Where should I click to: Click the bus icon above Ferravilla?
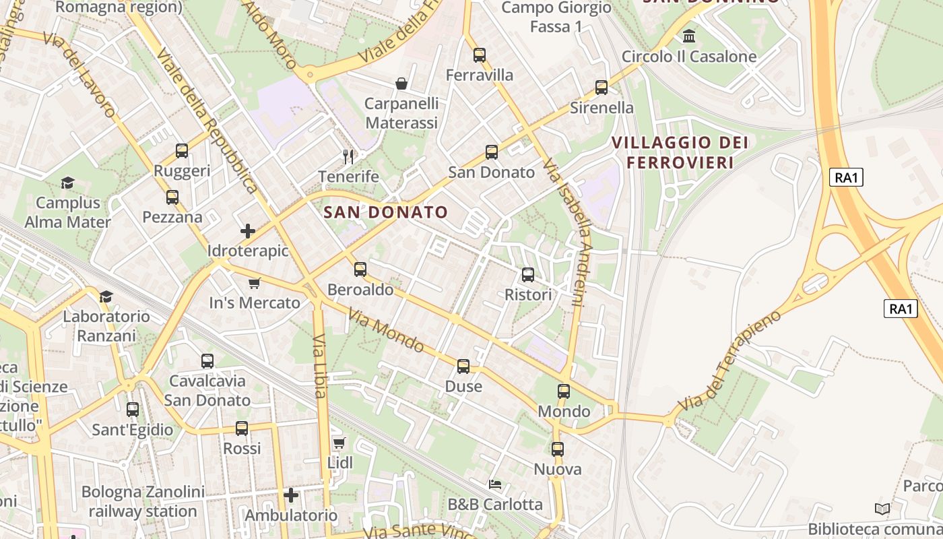479,55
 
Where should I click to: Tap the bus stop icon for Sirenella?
601,88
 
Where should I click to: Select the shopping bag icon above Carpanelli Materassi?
401,84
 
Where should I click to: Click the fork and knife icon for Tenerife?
348,157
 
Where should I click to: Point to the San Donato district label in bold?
385,212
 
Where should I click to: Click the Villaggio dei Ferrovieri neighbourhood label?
680,152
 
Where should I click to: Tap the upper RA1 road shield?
846,177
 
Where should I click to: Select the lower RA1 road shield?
901,309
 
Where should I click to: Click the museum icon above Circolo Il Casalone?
689,36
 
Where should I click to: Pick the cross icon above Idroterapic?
248,231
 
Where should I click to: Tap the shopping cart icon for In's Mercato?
254,283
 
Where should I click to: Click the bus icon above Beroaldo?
360,269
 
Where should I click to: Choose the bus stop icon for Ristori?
528,275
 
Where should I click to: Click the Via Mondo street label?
386,330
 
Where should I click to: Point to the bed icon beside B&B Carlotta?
495,484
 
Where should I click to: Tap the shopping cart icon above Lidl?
339,443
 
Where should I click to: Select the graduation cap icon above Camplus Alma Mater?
67,183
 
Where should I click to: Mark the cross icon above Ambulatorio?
291,496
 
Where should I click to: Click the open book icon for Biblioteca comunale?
882,509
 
